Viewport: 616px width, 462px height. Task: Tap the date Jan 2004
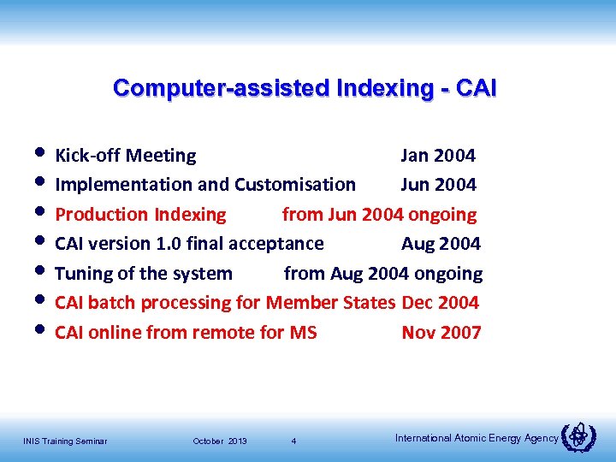pos(438,156)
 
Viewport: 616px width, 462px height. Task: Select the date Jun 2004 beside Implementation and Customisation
pos(438,185)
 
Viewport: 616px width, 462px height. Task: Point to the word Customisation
pos(295,185)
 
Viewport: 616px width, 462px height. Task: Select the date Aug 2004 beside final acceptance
pos(441,244)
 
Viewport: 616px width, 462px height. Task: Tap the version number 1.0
pos(170,244)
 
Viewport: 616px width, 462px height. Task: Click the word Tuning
pos(83,274)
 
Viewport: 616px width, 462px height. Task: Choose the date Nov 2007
pos(441,333)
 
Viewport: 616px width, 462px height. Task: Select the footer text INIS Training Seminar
pos(65,441)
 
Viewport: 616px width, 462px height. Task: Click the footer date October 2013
pos(220,441)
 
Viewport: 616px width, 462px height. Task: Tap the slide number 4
pos(293,441)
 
